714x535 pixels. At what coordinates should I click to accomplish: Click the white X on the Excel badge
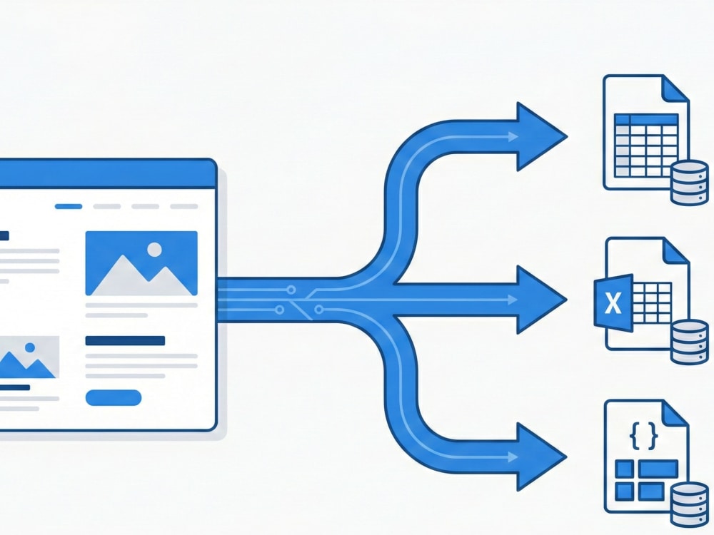coord(613,303)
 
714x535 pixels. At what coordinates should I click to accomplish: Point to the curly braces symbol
coord(643,436)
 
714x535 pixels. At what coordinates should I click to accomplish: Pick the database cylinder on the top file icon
coord(690,183)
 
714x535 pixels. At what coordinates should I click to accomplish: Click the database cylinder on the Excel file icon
coord(690,342)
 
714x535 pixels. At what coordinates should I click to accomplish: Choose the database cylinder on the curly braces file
coord(690,504)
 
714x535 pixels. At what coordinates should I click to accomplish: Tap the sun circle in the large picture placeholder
coord(155,249)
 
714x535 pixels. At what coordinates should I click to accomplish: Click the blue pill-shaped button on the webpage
coord(114,397)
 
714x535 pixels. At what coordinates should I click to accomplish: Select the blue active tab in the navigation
coord(69,207)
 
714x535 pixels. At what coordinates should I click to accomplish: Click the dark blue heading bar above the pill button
coord(125,341)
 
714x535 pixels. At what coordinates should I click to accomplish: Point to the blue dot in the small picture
coord(30,347)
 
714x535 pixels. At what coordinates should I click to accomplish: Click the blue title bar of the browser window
coord(107,173)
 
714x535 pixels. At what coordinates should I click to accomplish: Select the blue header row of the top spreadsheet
coord(646,119)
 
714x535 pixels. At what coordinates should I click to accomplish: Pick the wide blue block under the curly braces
coord(658,469)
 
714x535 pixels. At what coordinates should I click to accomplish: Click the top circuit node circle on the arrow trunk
coord(291,290)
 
